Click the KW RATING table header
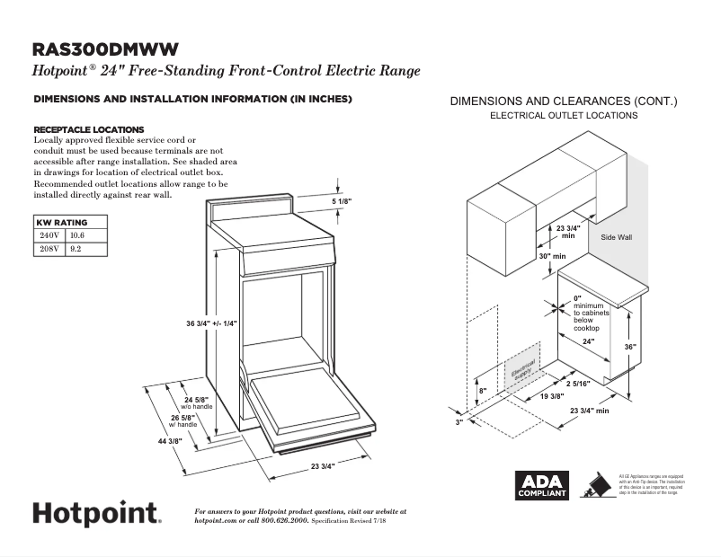click(62, 222)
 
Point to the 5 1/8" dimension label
click(342, 201)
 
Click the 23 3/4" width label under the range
click(322, 466)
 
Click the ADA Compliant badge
click(540, 485)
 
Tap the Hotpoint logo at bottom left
click(97, 514)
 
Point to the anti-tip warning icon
click(593, 485)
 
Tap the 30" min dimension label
click(552, 256)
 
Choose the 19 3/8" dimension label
click(552, 396)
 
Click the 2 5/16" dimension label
click(579, 385)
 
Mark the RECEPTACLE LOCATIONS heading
click(88, 129)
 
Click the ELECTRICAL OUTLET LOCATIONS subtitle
click(564, 116)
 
